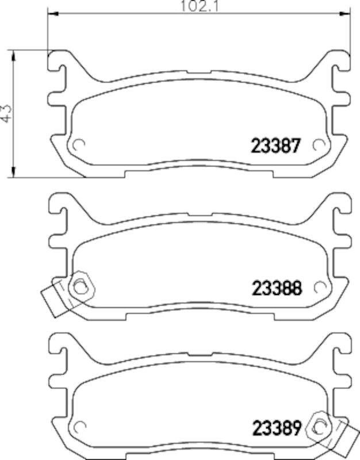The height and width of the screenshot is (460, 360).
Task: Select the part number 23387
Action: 275,146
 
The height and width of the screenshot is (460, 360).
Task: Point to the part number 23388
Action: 276,287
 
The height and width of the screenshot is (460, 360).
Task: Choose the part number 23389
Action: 276,428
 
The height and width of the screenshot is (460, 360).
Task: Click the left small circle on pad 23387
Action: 79,145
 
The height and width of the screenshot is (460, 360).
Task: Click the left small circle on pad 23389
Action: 79,427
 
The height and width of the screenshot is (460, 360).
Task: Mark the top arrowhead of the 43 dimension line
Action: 13,53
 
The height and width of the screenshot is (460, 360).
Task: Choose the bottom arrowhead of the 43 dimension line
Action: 13,172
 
